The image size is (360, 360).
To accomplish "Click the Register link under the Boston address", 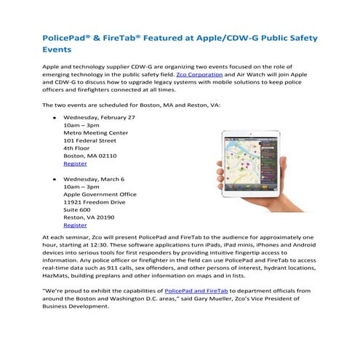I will click(76, 164).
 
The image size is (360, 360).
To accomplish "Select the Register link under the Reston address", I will click(76, 225).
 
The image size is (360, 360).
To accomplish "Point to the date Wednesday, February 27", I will click(100, 117).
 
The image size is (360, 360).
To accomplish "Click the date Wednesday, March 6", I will click(94, 178).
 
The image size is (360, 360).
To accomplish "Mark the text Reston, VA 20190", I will click(89, 216).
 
